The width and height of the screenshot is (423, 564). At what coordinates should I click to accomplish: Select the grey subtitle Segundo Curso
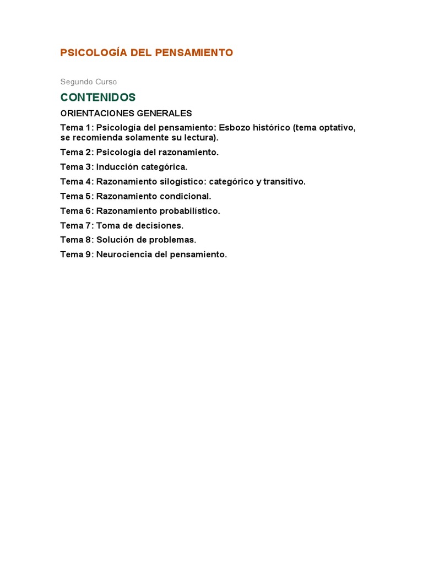click(89, 82)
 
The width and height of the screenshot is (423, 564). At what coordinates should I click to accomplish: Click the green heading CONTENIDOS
click(98, 97)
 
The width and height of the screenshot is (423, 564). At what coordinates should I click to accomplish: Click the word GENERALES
click(163, 113)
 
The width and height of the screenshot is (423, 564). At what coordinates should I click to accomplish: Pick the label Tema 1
click(76, 128)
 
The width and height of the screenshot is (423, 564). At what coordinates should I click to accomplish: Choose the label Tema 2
click(76, 152)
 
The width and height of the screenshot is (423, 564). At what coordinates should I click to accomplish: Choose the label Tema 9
click(76, 254)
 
